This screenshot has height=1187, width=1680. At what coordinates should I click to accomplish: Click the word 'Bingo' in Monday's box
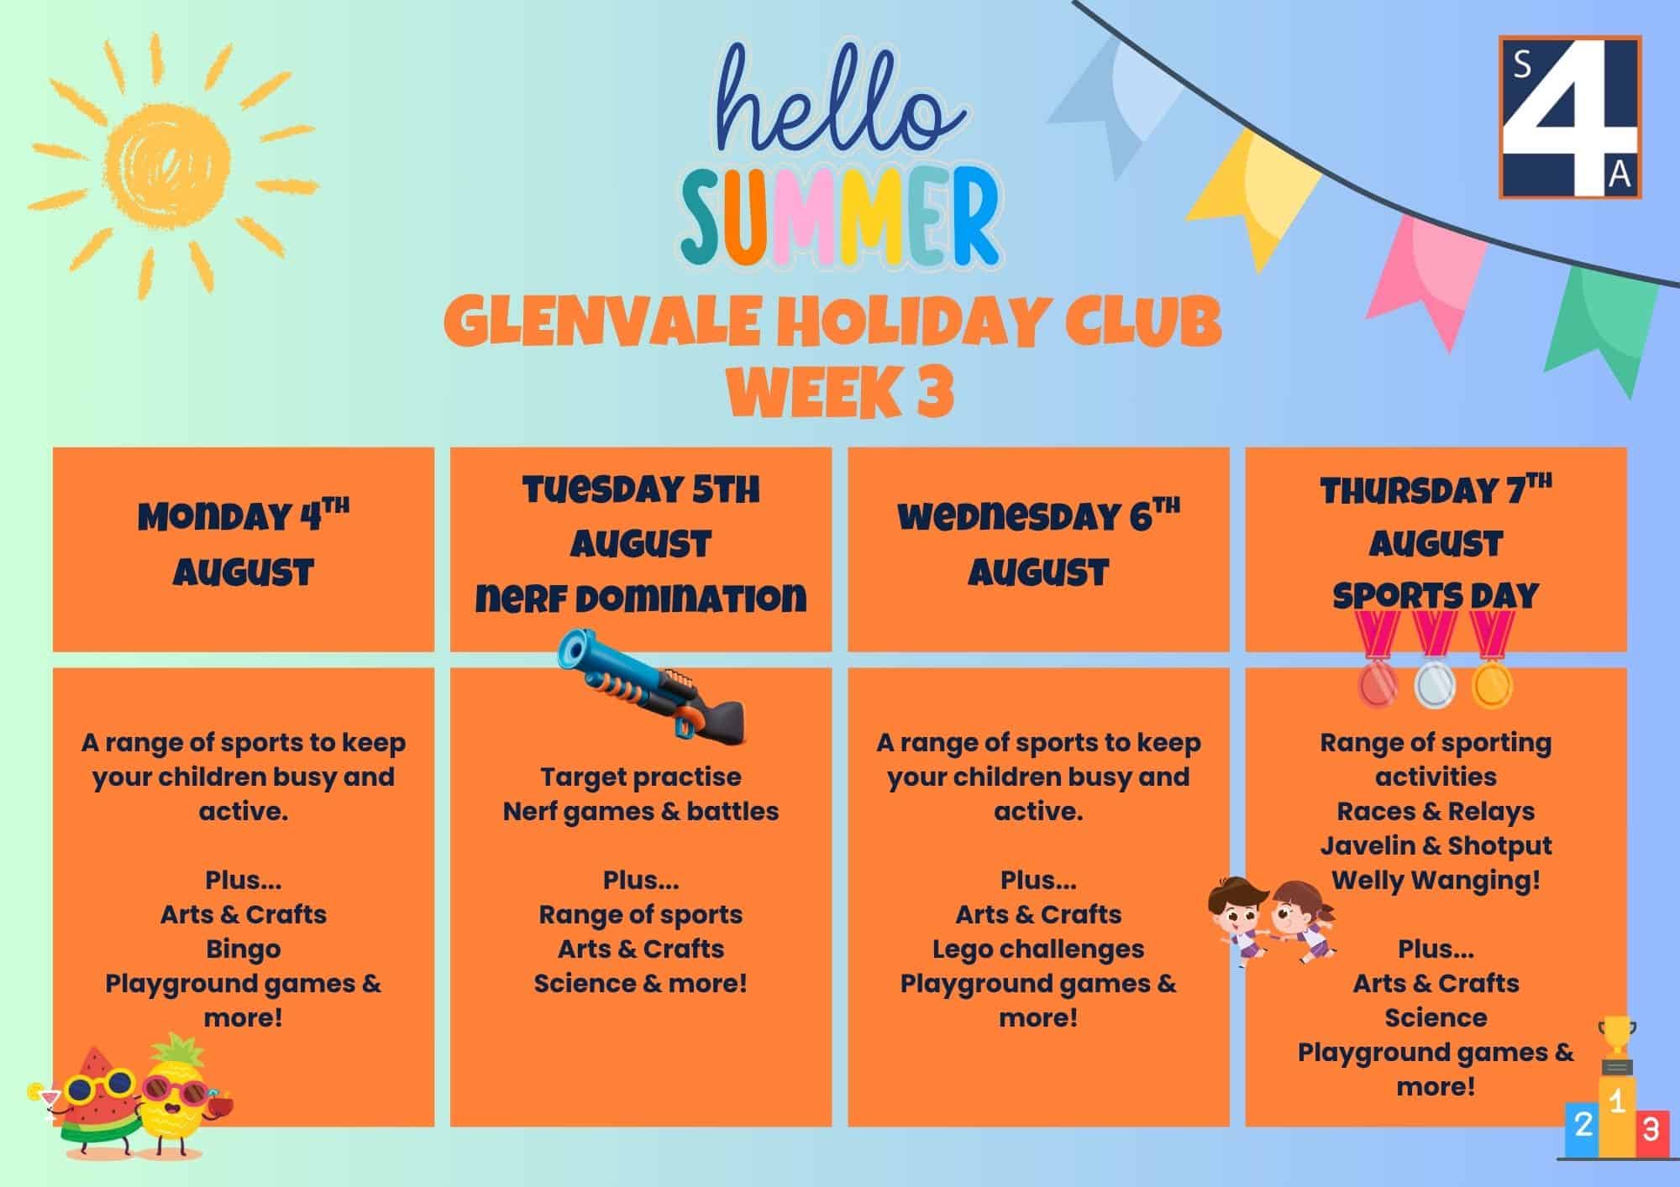(x=244, y=949)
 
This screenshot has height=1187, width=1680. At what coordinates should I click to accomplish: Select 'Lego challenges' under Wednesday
(x=1038, y=949)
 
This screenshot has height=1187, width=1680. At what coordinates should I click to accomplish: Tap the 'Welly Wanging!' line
(x=1436, y=881)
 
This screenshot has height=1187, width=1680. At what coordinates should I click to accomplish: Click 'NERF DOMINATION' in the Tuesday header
(x=641, y=598)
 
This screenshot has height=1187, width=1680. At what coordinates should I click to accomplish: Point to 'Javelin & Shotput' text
(x=1436, y=845)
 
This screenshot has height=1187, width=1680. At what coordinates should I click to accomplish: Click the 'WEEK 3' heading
(x=840, y=394)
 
